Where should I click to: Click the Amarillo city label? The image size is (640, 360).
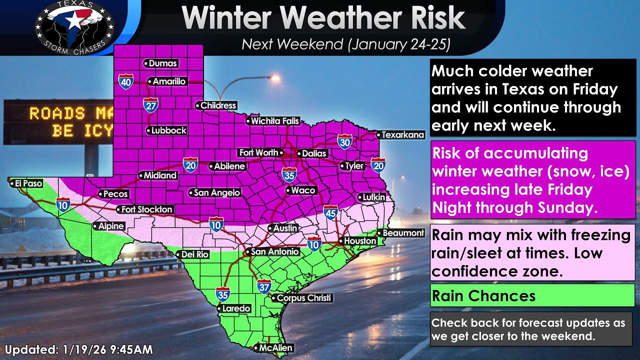pos(168,81)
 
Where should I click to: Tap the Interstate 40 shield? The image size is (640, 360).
pos(126,81)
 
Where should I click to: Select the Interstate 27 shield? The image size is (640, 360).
pos(150,104)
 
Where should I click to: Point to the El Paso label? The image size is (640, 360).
pos(27,183)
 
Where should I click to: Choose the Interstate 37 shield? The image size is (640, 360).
pos(264,286)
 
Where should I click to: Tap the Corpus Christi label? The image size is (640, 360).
pos(303,298)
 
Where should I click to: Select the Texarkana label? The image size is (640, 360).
pos(402,135)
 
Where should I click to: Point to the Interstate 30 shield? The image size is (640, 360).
pos(344,141)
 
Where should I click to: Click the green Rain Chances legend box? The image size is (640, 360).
pos(532,295)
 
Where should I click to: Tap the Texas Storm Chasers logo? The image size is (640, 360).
pos(74,25)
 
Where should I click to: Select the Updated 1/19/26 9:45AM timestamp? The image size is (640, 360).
pos(79,349)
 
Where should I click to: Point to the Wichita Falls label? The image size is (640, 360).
pos(274,121)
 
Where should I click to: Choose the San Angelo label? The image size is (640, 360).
pos(216,192)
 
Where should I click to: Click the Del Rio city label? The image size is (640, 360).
pos(194,254)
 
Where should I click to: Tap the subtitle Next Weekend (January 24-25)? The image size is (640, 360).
pos(346,44)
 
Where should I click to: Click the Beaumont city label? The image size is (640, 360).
pos(403,233)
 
